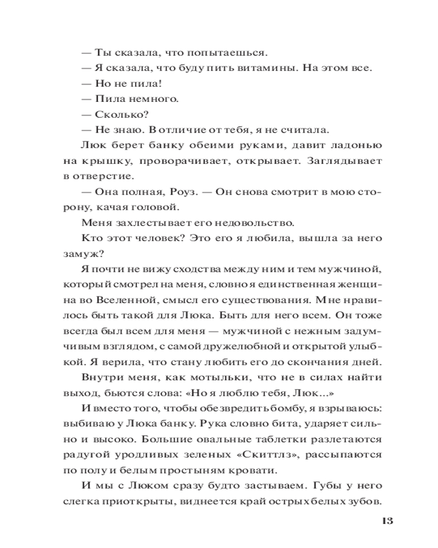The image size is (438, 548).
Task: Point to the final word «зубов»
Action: [x=365, y=500]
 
